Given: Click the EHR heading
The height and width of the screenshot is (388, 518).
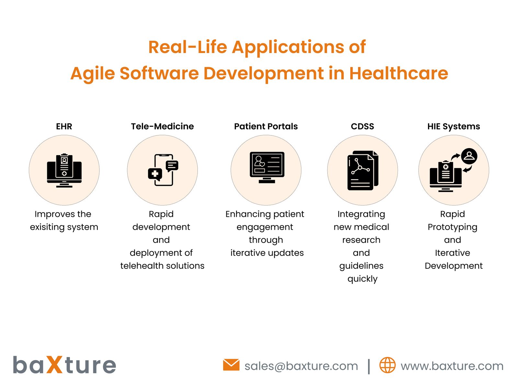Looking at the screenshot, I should tap(64, 126).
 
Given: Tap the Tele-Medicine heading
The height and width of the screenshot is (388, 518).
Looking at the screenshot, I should tap(162, 126).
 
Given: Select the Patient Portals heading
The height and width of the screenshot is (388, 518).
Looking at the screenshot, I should tap(266, 126).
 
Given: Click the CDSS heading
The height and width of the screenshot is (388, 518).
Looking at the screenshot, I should tap(362, 126).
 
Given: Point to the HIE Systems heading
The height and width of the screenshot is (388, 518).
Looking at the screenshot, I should tap(454, 126).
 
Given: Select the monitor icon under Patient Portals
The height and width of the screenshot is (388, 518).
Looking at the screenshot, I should tap(267, 167).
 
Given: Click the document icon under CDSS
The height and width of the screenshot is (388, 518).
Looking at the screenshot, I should tap(362, 170).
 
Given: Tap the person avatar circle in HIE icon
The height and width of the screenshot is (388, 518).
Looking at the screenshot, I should tap(469, 156).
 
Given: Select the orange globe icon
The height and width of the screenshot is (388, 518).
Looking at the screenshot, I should tap(387, 365).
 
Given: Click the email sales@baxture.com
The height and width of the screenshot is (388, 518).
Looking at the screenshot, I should tap(301, 366).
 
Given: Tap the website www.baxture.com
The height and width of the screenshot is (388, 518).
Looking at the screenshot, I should tap(452, 366).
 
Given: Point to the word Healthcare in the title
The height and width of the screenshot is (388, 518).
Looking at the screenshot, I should tap(399, 73).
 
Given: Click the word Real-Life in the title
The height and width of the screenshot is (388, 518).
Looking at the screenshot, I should tap(188, 47).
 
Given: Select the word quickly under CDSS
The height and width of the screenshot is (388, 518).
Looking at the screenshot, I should tap(362, 279).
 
